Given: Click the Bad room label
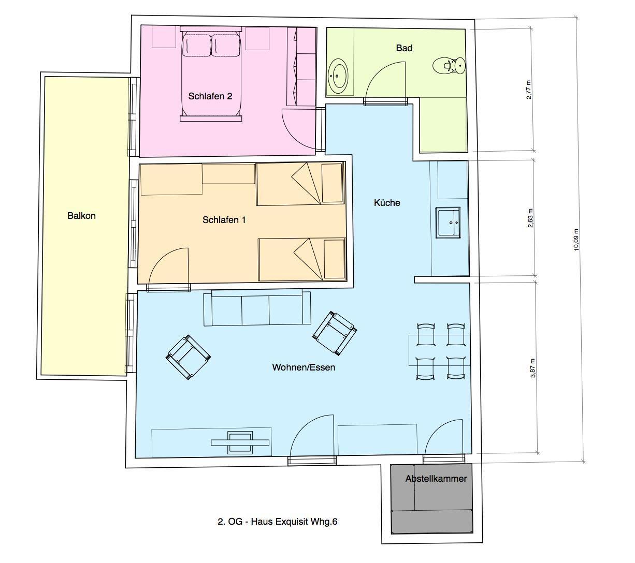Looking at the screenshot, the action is coord(404,48).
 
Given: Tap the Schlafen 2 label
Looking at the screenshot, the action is coord(210,96).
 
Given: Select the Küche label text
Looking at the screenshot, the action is coord(387,203).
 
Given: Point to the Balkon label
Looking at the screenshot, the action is coord(81,215).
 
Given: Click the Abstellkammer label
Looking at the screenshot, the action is coord(436,479).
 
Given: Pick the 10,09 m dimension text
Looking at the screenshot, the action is coord(576,240).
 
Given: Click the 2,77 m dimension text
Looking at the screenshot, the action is coord(529,90).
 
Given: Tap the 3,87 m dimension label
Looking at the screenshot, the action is coord(533,368).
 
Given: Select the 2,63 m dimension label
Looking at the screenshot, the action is coord(530,218).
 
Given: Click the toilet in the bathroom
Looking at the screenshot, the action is coord(449,66).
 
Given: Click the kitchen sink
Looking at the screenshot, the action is coord(448,223).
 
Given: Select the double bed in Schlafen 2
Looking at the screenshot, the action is coord(211,74).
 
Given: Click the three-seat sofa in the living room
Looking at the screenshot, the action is coord(257,308).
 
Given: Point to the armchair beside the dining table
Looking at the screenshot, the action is coord(335,333).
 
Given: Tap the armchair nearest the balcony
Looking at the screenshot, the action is coord(188,357).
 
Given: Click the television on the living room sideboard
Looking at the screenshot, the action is coord(240,442).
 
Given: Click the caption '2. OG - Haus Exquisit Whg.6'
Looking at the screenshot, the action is coord(278,522).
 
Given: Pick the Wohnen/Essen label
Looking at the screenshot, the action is coord(304,367).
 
